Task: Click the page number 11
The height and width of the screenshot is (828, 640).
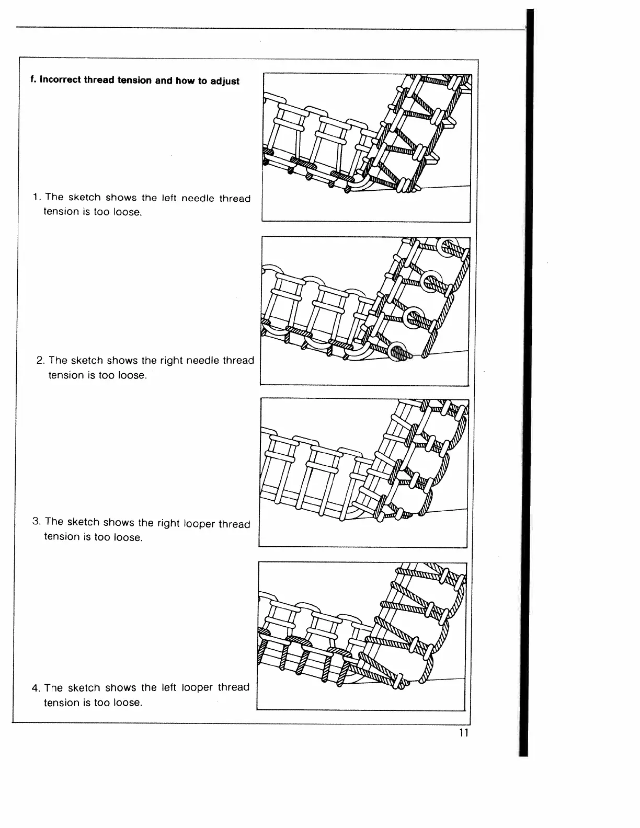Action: tap(463, 732)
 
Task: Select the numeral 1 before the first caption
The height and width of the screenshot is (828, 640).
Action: tap(35, 197)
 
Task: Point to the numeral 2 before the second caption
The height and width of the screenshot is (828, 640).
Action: tap(40, 360)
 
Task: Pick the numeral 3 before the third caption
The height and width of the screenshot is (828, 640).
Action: tap(36, 522)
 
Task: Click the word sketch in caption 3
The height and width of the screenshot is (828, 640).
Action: tap(83, 522)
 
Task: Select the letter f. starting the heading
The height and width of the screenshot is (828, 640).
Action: tap(33, 80)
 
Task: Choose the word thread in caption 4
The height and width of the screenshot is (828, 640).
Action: tap(234, 687)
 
